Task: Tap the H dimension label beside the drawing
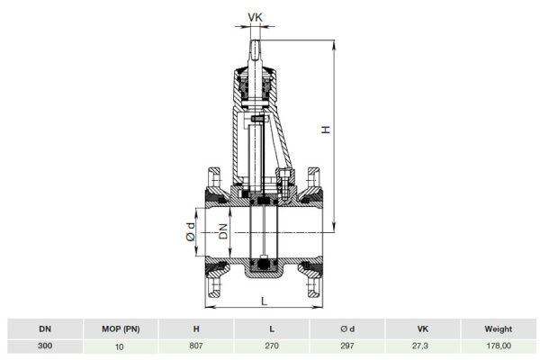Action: (326, 130)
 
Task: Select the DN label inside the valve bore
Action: (222, 234)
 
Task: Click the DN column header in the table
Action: (43, 329)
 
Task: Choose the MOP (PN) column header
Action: (119, 329)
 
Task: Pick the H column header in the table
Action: (196, 329)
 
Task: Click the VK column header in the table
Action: (422, 329)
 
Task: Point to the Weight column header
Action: (498, 329)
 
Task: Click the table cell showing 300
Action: (43, 346)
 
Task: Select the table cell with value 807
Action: (196, 346)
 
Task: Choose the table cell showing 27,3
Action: (422, 346)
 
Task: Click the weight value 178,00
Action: (498, 346)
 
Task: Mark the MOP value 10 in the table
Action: (119, 346)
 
